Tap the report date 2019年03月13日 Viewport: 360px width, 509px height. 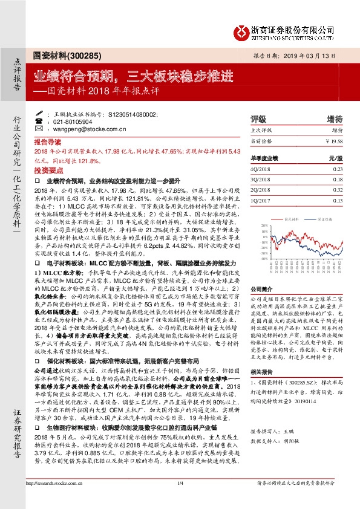pos(317,55)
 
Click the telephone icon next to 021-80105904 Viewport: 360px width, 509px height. pos(48,121)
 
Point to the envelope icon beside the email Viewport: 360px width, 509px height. pos(48,129)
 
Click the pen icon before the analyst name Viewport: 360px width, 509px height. pos(48,113)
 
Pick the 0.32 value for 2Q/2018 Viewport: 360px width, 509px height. pos(337,190)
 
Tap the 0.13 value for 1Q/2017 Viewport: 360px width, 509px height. pos(337,200)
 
